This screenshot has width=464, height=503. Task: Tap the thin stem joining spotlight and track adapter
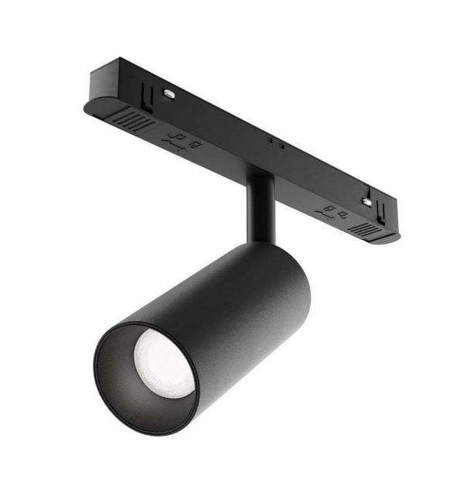[258, 209]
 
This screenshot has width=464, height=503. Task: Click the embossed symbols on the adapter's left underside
[185, 142]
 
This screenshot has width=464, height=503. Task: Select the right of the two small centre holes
[281, 146]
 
